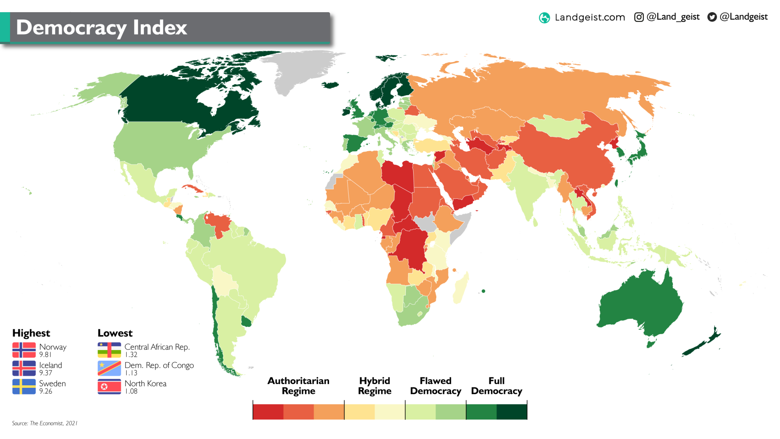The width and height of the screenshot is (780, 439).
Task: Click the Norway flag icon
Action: (24, 350)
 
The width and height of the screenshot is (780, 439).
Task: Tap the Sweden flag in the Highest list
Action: (24, 387)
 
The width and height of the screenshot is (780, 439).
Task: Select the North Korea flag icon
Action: (109, 387)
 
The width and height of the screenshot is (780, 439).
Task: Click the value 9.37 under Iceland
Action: (45, 373)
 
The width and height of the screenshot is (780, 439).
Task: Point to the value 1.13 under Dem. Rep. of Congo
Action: (131, 373)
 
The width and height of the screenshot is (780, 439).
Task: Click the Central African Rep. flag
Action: (109, 350)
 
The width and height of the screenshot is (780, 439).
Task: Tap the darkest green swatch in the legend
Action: (511, 412)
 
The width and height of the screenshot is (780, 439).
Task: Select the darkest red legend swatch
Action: (268, 412)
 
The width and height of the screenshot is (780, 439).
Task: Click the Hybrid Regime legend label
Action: (375, 386)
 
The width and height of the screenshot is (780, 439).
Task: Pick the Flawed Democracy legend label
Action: (435, 386)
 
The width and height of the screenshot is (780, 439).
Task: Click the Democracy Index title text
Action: (102, 28)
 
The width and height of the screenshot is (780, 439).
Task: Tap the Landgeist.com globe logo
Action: (544, 17)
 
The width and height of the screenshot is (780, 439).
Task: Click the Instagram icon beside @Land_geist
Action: (639, 17)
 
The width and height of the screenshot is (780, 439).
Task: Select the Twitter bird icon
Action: (712, 17)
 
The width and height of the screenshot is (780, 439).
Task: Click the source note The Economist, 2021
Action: (45, 423)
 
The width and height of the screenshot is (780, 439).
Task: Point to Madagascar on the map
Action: (461, 289)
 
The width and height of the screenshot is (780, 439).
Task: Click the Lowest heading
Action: (115, 333)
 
